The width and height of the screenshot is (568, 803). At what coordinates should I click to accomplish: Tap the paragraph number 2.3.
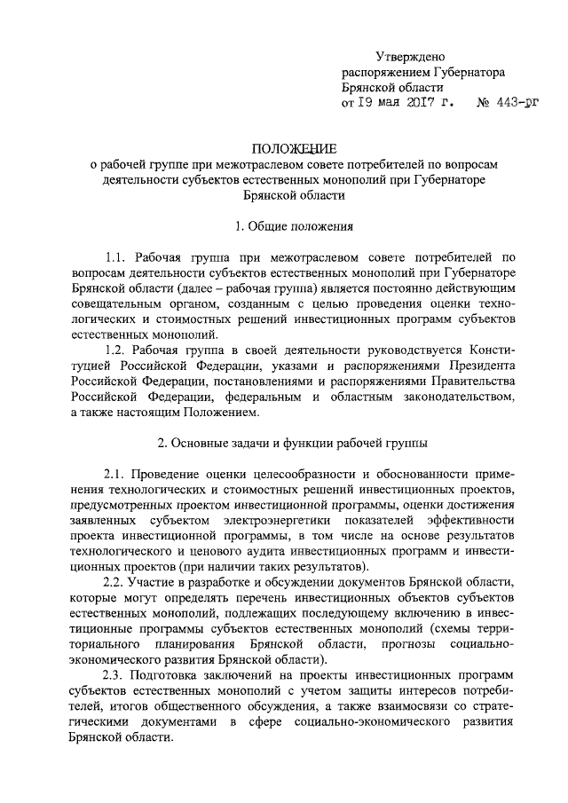(119, 675)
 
